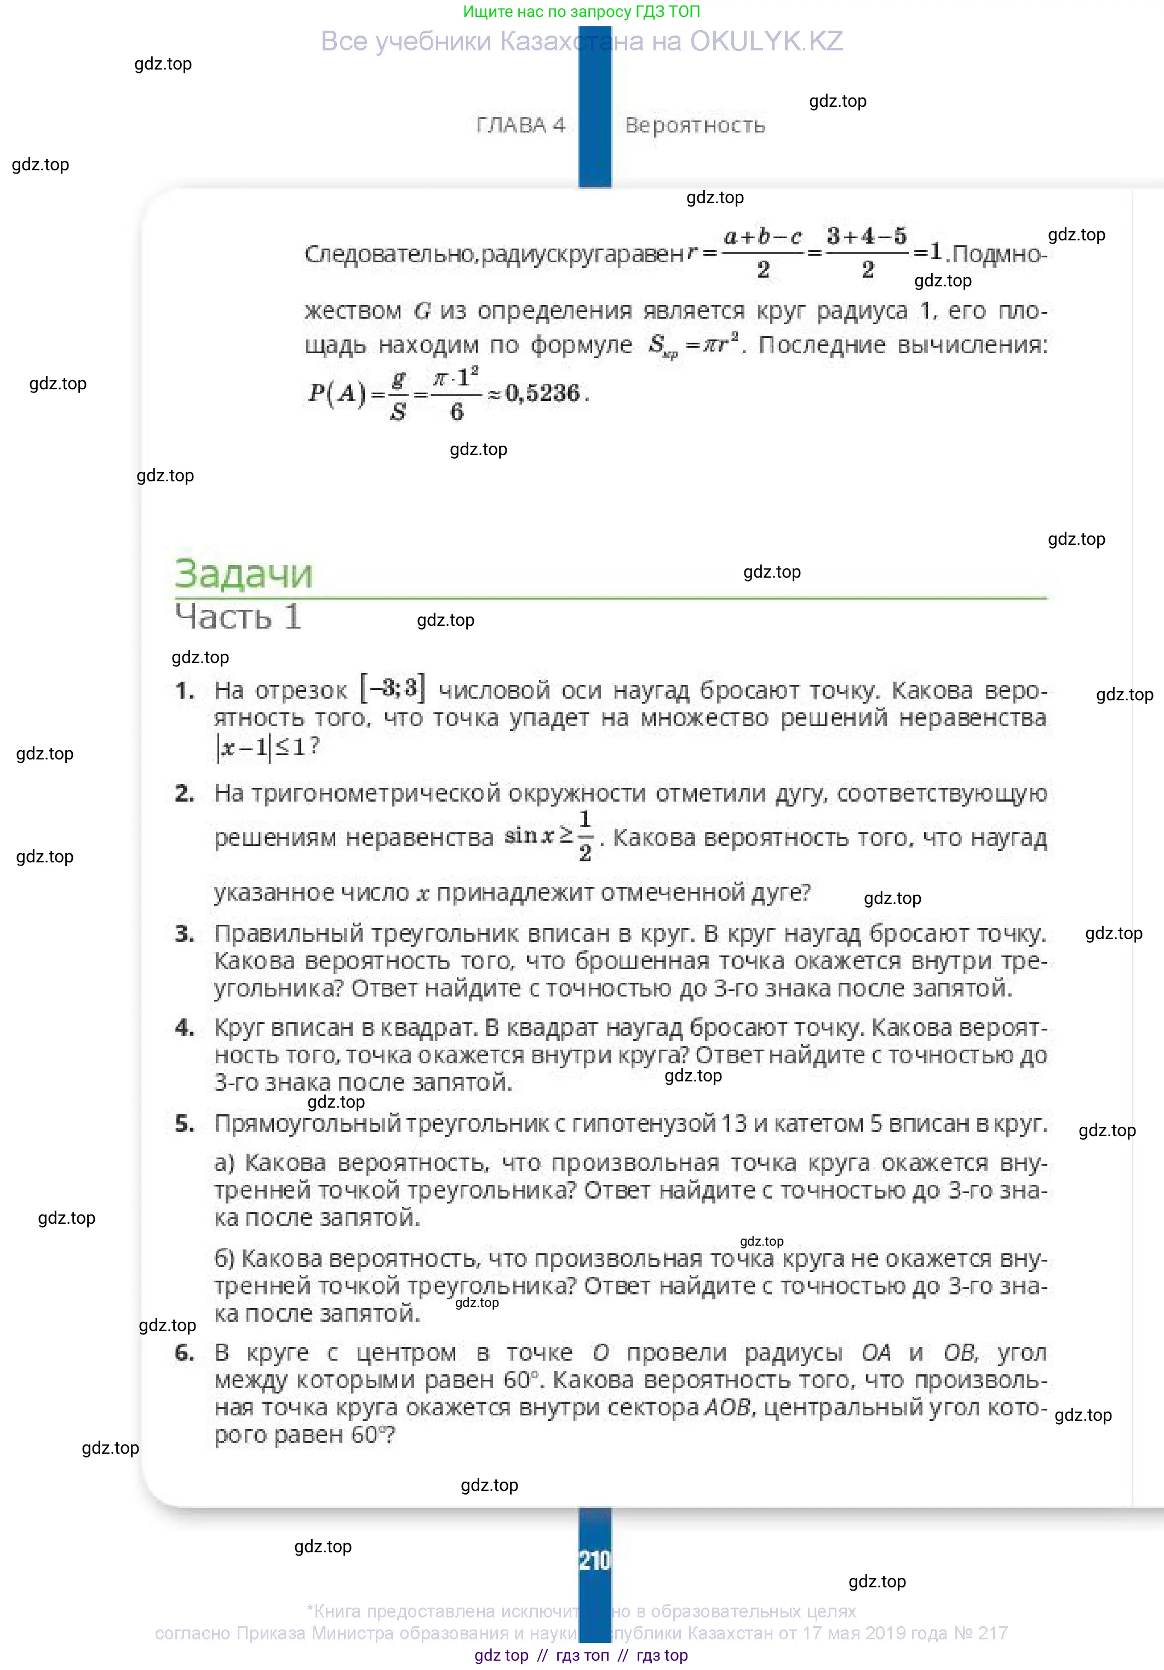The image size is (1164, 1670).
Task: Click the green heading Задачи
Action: (x=243, y=574)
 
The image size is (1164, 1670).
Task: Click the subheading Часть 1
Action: (x=238, y=617)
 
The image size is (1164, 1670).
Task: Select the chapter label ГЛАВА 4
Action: (x=520, y=125)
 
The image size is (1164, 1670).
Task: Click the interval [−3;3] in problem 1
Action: (x=392, y=688)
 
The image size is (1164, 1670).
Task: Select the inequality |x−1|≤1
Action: (x=266, y=747)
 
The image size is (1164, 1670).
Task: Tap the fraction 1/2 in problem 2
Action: (x=585, y=837)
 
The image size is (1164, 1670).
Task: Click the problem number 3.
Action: (x=184, y=934)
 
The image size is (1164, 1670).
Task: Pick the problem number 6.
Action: (x=184, y=1353)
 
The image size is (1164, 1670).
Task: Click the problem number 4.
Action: (x=184, y=1028)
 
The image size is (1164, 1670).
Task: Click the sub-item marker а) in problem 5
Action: (x=224, y=1163)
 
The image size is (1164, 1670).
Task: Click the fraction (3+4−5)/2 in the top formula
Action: (x=867, y=252)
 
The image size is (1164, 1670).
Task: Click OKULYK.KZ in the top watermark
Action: (x=766, y=42)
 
